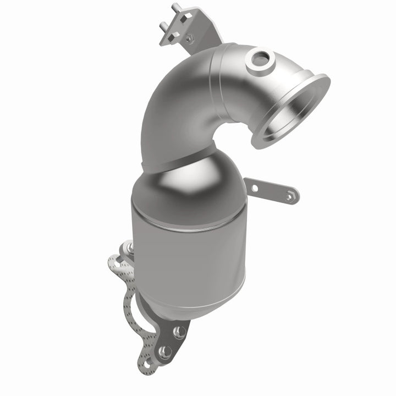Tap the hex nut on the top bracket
pos(189,38)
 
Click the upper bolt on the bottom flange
pos(179,332)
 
